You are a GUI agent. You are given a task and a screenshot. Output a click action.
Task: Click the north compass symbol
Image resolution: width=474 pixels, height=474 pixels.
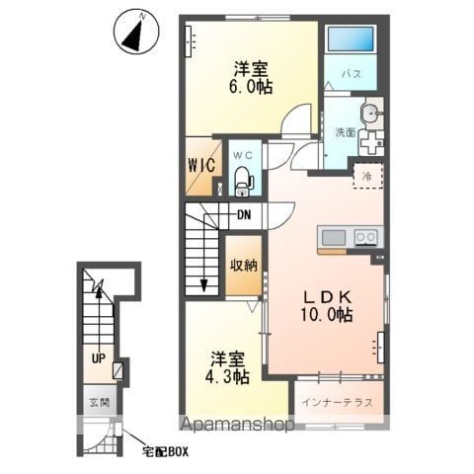pos(136,33)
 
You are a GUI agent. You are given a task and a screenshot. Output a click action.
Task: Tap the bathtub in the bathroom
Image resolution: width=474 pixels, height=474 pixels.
pos(351,39)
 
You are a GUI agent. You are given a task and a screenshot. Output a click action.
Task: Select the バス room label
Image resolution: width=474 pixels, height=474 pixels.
pos(351,74)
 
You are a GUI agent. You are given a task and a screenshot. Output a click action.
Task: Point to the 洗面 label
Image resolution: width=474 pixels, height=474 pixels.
pos(345,132)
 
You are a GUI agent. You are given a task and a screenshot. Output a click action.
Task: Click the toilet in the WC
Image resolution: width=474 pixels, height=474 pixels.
pos(243,181)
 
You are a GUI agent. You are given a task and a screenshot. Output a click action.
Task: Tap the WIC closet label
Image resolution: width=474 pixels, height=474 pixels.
pos(201,165)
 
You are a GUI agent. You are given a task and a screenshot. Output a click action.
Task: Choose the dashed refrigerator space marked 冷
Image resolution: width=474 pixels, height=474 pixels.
pos(367,175)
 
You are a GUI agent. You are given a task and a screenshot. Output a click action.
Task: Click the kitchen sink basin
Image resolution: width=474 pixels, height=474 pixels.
pos(334,237)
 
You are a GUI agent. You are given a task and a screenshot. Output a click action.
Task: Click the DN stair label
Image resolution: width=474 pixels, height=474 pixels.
pos(244,215)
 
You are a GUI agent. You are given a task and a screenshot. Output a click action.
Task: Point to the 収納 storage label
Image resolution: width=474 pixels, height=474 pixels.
pos(244,266)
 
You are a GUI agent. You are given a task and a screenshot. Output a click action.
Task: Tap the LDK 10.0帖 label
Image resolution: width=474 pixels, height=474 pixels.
pos(327,306)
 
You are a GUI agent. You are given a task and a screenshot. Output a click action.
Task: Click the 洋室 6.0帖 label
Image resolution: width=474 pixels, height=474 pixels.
pos(251,78)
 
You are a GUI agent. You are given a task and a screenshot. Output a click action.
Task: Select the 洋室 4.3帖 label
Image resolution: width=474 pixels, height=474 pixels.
pos(227,368)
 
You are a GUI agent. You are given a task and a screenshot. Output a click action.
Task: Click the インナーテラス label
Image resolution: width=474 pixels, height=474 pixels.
pos(338,402)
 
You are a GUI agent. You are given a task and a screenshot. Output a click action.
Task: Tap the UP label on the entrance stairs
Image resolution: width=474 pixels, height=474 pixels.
pos(98,358)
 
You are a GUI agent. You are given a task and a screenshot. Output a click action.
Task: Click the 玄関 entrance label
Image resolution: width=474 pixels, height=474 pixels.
pos(99,402)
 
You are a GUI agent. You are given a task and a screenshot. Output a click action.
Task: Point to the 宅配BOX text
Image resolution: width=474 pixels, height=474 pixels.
pos(165,452)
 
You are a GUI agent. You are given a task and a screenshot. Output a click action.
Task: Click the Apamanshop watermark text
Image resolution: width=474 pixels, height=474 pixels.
pos(236,425)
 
